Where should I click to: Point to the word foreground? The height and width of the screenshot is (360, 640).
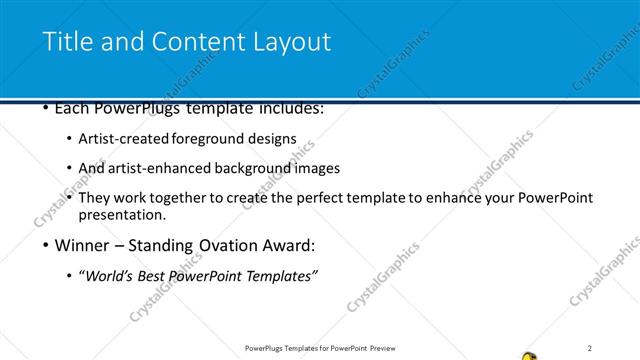[214, 138]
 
